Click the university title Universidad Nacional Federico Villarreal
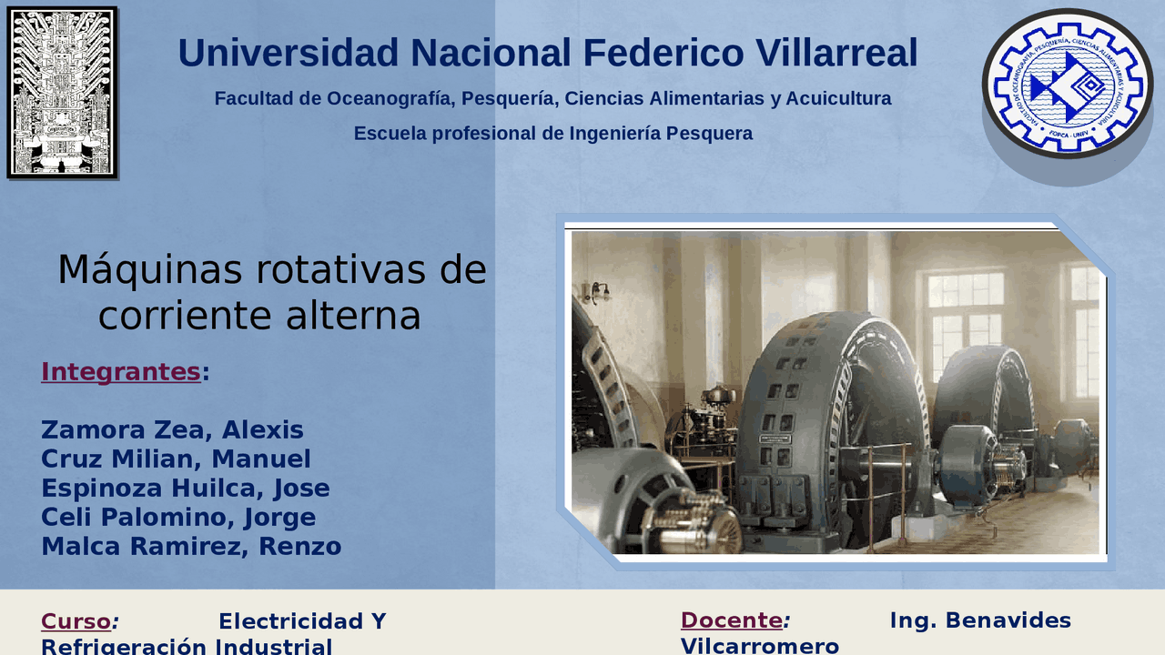pos(547,54)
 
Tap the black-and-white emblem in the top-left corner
pos(62,92)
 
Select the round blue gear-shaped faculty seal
pos(1067,85)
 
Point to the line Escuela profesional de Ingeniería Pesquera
pos(552,134)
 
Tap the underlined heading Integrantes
pos(120,371)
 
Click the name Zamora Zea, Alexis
pos(172,429)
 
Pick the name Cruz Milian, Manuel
pos(176,458)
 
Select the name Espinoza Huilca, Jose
pos(185,488)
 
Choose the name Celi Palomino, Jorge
pos(178,517)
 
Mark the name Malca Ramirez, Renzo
pos(191,546)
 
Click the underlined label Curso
pos(76,621)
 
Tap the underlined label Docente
pos(731,620)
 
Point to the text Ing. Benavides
pos(980,620)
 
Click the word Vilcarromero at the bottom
pos(759,646)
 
